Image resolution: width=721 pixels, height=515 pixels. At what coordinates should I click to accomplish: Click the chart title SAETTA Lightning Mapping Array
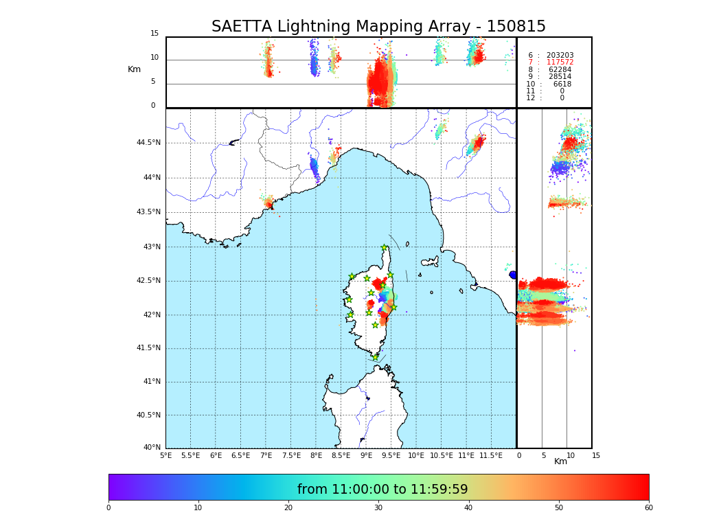point(378,27)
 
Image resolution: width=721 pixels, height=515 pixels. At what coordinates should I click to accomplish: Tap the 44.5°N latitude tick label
point(148,143)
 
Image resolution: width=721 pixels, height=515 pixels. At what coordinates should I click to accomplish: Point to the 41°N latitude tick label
point(152,382)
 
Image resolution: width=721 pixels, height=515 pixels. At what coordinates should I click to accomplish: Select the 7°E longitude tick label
point(266,456)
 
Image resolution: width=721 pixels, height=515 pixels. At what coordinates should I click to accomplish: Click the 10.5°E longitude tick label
point(442,456)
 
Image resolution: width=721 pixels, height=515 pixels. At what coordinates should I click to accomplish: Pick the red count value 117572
point(560,62)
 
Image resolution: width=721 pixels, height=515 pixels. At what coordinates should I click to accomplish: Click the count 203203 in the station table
point(560,55)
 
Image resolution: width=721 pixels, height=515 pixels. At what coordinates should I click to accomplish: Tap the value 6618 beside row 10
point(562,84)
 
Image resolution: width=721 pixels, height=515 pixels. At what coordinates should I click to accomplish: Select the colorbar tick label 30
point(378,507)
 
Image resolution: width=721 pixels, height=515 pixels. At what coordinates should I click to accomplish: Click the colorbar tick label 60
point(648,507)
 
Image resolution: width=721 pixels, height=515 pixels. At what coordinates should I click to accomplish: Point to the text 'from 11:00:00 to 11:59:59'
point(382,490)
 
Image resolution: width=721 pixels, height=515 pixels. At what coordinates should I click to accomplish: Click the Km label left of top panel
point(134,69)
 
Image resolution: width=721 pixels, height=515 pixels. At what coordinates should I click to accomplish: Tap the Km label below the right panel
point(560,461)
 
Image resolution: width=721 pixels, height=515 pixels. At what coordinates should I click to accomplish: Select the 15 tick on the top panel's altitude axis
point(154,34)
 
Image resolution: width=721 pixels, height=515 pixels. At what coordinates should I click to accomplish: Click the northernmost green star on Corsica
point(385,248)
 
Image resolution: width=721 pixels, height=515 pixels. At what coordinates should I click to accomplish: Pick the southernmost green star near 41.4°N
point(376,357)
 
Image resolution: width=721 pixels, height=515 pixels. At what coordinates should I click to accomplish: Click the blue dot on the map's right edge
point(512,275)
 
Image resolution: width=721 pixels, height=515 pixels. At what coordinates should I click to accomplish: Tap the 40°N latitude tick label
point(152,448)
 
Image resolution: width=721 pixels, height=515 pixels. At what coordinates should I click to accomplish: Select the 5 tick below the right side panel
point(543,455)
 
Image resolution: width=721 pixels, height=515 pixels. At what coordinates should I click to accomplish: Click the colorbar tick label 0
point(108,507)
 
